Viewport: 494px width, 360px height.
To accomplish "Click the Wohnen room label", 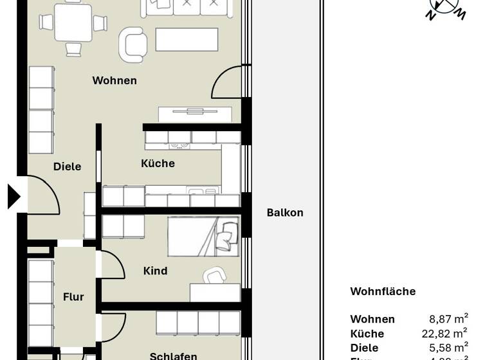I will [114, 80].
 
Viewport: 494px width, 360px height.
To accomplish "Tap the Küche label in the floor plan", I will [158, 163].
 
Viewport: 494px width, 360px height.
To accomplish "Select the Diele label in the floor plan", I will [67, 166].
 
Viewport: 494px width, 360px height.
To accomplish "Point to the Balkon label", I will [285, 213].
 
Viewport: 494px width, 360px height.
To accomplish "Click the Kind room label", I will [155, 271].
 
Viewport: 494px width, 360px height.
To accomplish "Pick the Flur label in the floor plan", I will [73, 297].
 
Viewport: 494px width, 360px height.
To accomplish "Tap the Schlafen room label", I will [173, 355].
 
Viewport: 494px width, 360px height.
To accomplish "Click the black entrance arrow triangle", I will [14, 197].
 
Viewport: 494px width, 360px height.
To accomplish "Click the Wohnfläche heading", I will [383, 291].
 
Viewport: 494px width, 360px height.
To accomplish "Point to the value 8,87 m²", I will [448, 319].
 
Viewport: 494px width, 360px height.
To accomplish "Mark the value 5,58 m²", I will [448, 348].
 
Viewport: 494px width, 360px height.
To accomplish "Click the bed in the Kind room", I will [203, 236].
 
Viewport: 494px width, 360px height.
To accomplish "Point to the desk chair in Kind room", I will [214, 277].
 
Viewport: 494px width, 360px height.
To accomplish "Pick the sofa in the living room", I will [187, 7].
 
